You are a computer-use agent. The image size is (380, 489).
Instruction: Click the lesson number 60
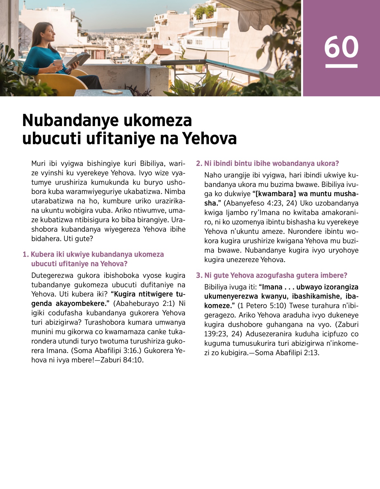[x=341, y=47]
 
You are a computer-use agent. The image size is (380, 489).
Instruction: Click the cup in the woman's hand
[x=58, y=63]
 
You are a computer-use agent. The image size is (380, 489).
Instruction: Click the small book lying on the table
[x=112, y=92]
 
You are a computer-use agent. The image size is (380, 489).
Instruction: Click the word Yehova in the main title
[x=210, y=138]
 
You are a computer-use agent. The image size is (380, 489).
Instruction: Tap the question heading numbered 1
[x=93, y=259]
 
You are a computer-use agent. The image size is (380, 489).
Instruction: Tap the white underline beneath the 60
[x=341, y=66]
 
